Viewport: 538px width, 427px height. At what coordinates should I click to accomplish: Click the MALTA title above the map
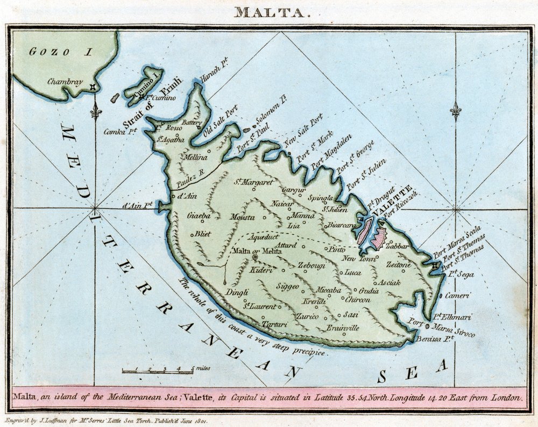point(272,12)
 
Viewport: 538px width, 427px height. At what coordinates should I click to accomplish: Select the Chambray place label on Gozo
point(65,82)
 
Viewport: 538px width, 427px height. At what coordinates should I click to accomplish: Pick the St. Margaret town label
point(253,182)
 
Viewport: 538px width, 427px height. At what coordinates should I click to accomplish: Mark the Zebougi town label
point(312,265)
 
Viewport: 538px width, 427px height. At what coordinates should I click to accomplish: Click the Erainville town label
point(343,327)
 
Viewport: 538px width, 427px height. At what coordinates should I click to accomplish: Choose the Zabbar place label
point(398,245)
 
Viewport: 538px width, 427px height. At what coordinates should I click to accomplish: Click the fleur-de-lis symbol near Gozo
point(96,111)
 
